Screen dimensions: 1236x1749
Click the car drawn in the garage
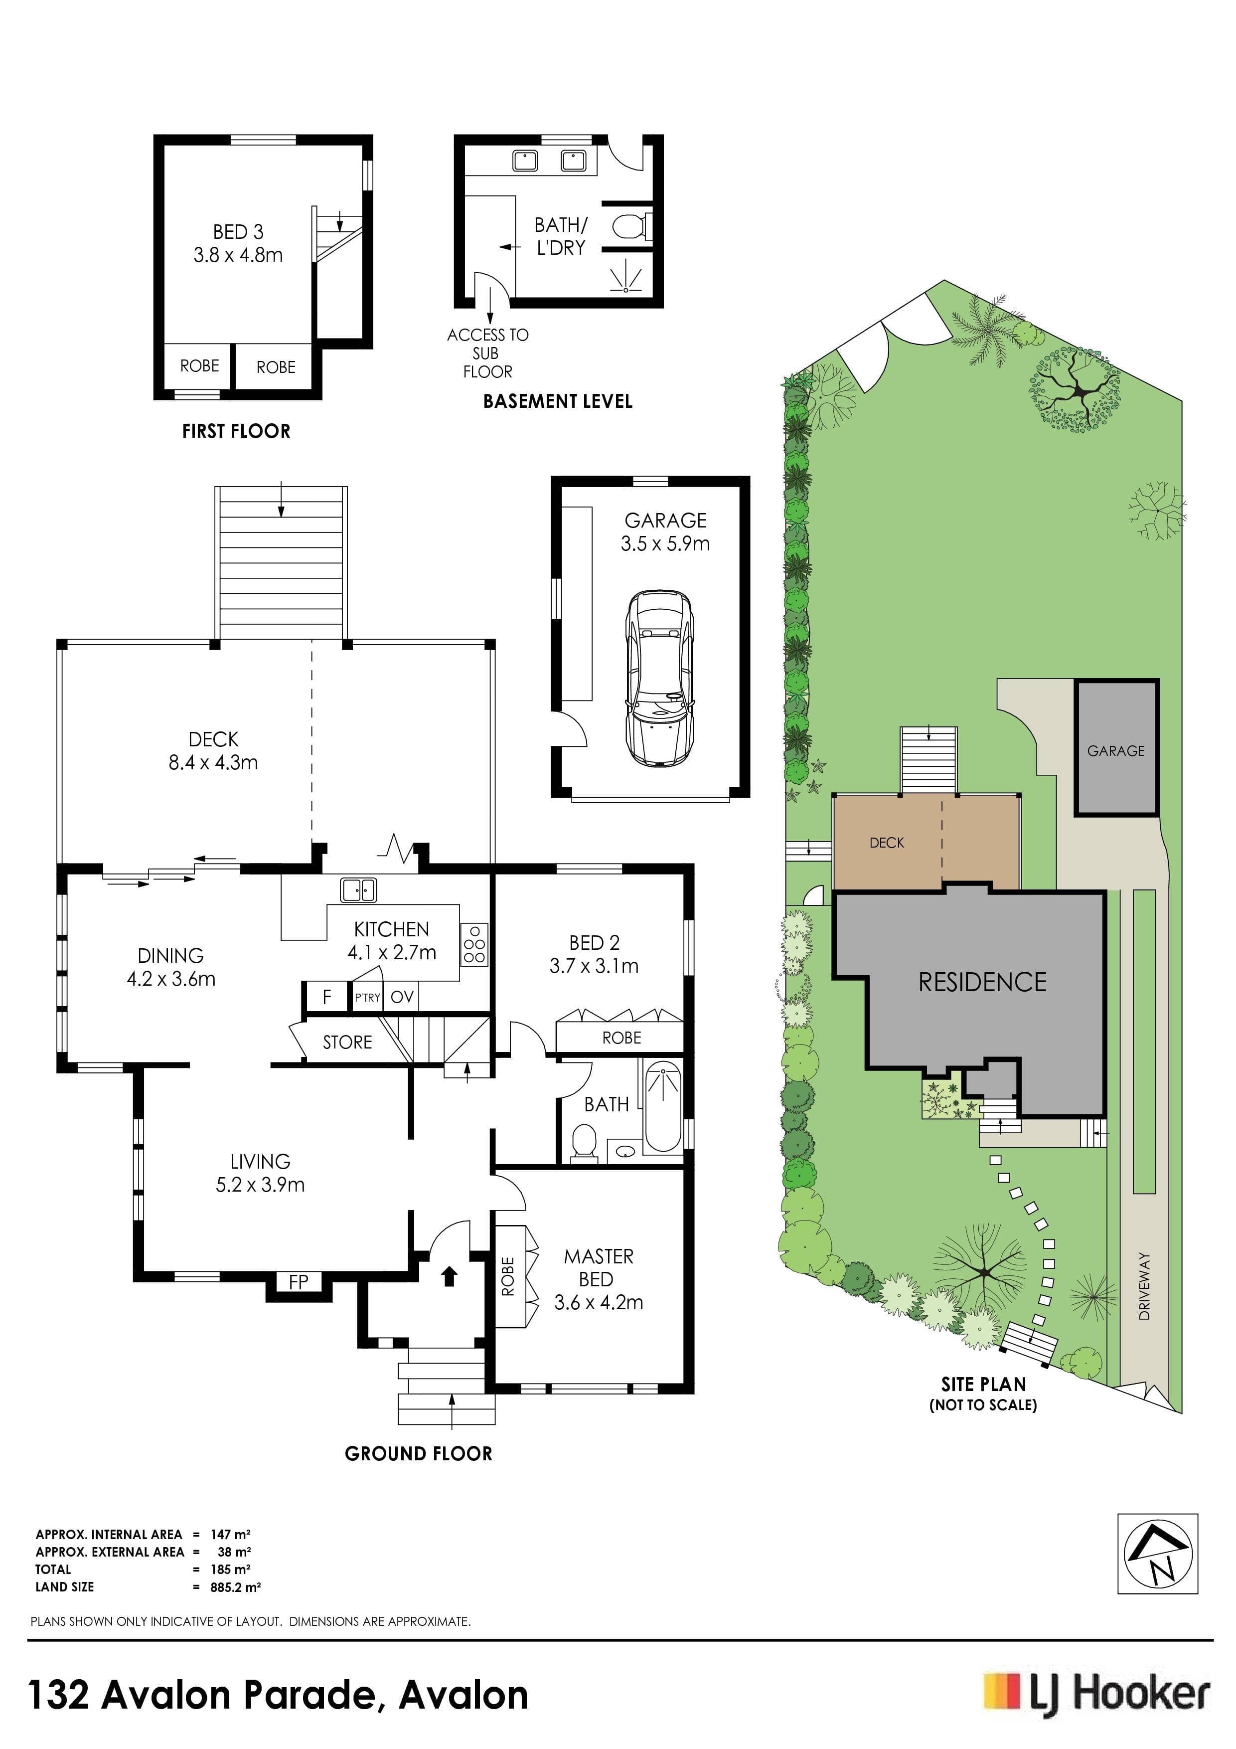point(659,678)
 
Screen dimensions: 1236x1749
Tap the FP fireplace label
point(299,1281)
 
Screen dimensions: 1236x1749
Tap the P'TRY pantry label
point(367,997)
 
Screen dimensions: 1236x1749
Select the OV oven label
point(402,996)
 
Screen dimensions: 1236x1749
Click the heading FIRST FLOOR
point(236,431)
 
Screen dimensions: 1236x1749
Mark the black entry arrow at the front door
point(450,1275)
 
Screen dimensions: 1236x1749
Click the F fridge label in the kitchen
point(327,996)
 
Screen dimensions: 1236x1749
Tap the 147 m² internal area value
point(230,1534)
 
